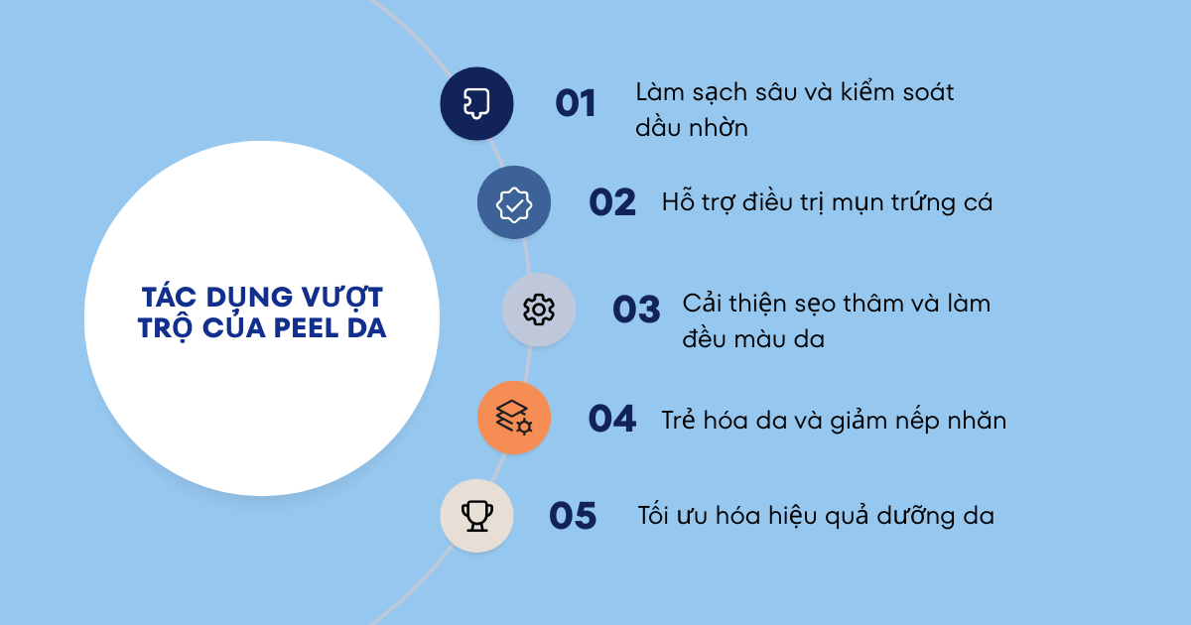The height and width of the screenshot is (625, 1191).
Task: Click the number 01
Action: point(575,103)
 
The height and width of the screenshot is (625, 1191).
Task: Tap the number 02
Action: point(611,202)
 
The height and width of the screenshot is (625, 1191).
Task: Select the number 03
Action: point(636,310)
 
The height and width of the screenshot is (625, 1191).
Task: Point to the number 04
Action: point(611,419)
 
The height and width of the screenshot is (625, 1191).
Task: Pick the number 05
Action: point(573,516)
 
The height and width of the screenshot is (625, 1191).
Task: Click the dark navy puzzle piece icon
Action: point(476,103)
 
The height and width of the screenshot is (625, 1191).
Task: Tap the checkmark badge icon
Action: point(513,202)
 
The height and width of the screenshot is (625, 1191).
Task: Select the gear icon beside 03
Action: point(539,310)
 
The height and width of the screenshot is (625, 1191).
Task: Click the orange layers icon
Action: point(513,418)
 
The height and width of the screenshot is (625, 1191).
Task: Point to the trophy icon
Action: point(476,516)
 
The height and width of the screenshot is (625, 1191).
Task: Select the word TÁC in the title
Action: point(169,297)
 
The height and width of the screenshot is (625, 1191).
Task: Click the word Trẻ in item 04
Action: point(681,420)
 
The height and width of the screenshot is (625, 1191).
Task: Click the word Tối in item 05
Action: point(656,516)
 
